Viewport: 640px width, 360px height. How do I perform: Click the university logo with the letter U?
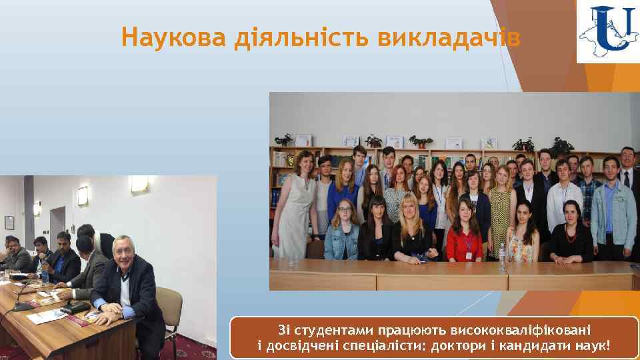click(607, 31)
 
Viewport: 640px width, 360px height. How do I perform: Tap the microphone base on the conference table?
click(22, 307)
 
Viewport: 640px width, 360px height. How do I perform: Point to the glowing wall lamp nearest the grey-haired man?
click(139, 183)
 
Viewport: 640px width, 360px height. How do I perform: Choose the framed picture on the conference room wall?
click(9, 222)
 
